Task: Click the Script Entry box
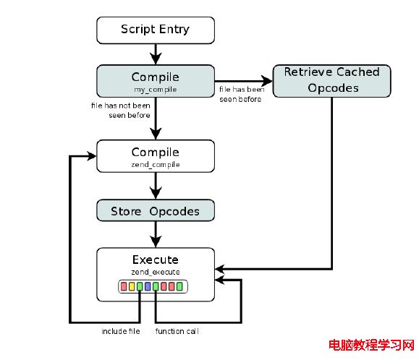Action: point(156,30)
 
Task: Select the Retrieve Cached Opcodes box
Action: point(331,81)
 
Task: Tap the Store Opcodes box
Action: point(156,210)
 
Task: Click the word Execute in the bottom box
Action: point(156,260)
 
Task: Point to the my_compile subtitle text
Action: point(156,90)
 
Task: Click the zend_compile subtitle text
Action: point(156,165)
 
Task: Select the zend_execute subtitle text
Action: point(156,272)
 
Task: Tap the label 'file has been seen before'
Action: point(242,94)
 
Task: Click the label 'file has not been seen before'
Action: point(121,110)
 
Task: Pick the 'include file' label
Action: point(121,331)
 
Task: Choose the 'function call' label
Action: point(177,331)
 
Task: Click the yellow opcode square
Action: point(132,286)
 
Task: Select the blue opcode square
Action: point(148,286)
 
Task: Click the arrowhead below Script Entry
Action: point(156,58)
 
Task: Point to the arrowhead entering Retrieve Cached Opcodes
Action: point(266,81)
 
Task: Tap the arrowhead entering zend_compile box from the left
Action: point(91,156)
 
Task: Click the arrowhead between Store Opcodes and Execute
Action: point(156,241)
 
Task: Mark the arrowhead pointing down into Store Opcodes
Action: point(156,193)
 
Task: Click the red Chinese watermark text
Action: point(372,345)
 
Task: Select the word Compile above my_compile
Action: point(156,77)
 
